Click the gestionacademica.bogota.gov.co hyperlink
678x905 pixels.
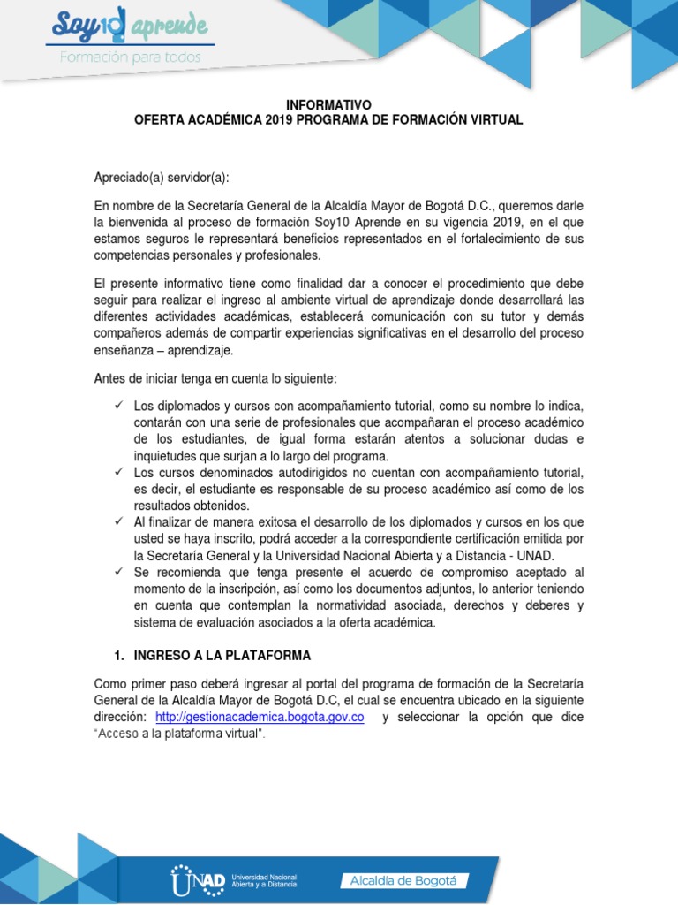260,718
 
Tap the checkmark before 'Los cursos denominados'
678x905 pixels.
119,474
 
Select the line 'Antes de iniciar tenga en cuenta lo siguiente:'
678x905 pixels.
215,378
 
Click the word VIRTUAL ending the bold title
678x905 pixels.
491,119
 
